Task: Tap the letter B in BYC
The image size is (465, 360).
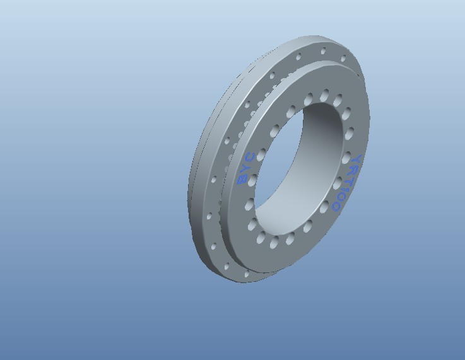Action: click(241, 180)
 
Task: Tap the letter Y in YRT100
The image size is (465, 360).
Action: click(357, 161)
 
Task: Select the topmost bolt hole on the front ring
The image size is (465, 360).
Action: click(325, 95)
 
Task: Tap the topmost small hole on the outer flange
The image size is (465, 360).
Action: click(324, 49)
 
